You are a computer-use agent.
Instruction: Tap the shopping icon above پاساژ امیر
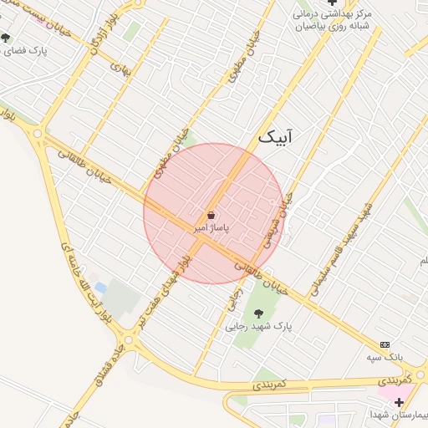(211, 215)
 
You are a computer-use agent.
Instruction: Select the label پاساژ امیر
(211, 227)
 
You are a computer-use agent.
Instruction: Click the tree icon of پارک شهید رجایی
(257, 313)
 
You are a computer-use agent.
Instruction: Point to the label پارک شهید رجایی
(258, 327)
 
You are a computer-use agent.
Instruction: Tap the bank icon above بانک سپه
(385, 344)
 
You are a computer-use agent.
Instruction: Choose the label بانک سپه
(385, 357)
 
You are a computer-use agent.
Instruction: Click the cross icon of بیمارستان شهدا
(410, 402)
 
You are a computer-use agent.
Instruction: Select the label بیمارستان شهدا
(400, 415)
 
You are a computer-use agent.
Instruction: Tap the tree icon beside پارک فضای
(6, 38)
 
